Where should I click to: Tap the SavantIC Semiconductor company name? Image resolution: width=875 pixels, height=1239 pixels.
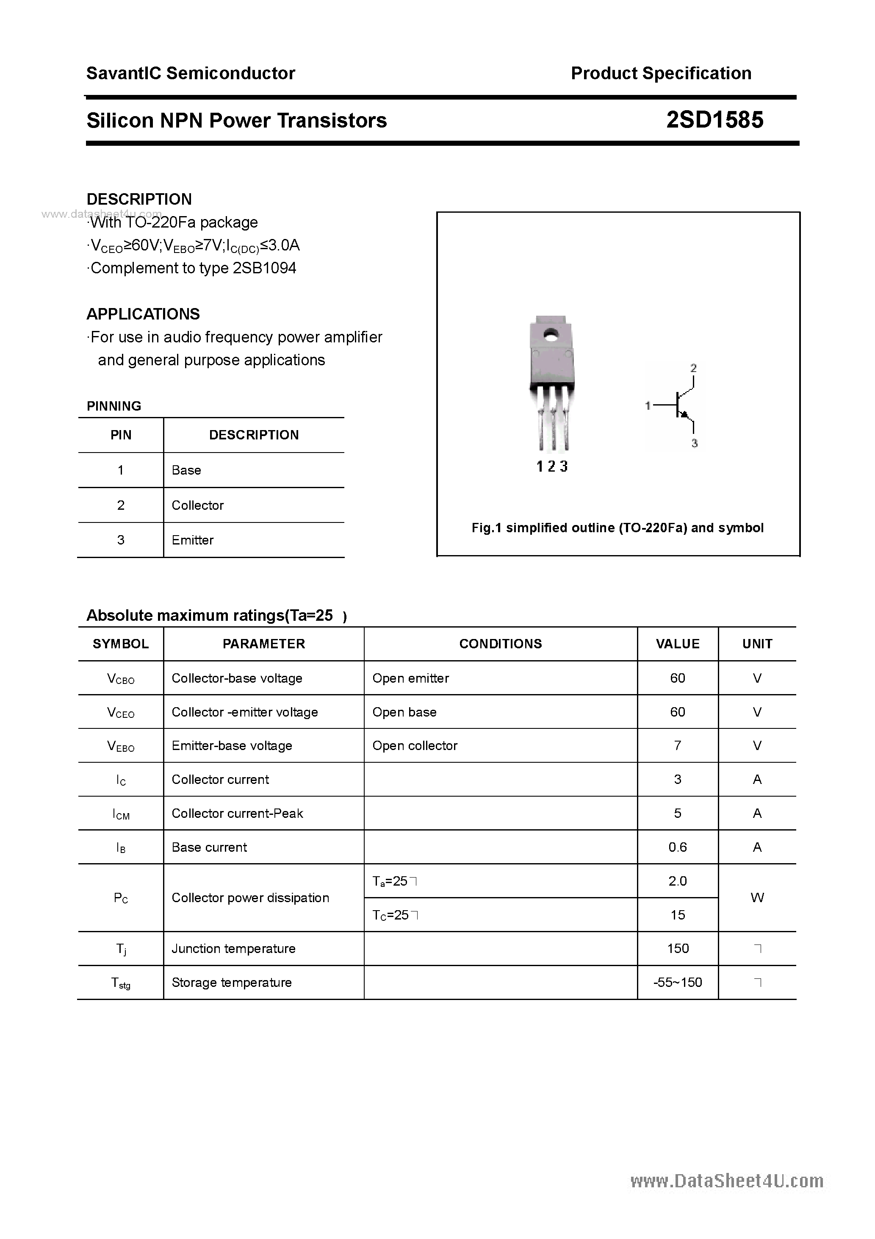[x=191, y=73]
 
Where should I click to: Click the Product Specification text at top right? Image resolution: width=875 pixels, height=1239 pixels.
[x=661, y=73]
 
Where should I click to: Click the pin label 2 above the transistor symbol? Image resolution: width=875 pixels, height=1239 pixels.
[x=693, y=368]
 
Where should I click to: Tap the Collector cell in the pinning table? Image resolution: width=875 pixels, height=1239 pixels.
[x=197, y=505]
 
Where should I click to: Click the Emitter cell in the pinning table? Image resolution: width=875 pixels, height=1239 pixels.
[x=193, y=540]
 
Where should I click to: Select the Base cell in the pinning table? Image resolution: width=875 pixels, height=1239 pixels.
[x=186, y=470]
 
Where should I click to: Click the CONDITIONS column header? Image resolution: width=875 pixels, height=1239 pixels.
[x=500, y=644]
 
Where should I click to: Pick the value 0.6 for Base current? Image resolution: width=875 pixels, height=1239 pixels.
[x=678, y=847]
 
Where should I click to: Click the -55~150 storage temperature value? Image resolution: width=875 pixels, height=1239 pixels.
[x=678, y=983]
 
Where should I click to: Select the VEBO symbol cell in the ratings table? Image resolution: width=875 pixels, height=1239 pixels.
[x=121, y=746]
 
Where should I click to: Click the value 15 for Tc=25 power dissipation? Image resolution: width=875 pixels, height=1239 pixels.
[x=678, y=915]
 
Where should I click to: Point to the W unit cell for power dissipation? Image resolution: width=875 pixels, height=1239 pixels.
[x=757, y=897]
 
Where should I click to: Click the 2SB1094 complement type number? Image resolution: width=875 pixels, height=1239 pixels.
[x=264, y=268]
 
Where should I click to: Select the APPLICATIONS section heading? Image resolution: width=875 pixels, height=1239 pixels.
[x=143, y=314]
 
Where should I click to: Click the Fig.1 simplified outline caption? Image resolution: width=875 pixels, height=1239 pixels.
[x=617, y=528]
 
